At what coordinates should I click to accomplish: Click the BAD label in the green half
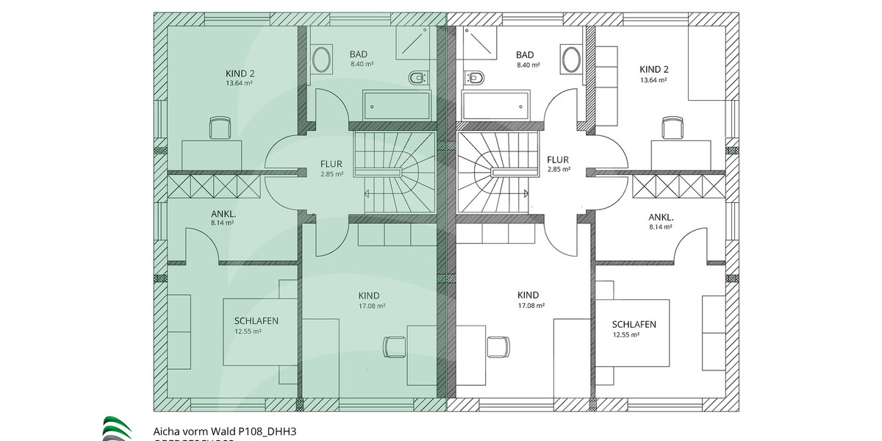point(359,54)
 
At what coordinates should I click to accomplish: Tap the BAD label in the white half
point(525,54)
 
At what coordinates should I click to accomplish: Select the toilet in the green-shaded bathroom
point(417,76)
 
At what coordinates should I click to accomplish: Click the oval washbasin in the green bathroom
point(320,58)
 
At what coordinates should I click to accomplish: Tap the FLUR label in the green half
point(331,163)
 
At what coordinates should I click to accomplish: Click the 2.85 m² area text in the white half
point(559,170)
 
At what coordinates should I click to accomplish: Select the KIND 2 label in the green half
point(240,73)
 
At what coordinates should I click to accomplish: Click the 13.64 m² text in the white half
point(653,80)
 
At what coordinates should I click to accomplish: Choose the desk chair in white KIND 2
point(671,128)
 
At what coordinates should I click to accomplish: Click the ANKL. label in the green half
point(222,214)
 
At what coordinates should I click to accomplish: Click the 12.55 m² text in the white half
point(626,334)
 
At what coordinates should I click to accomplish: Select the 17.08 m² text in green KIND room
point(371,306)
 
